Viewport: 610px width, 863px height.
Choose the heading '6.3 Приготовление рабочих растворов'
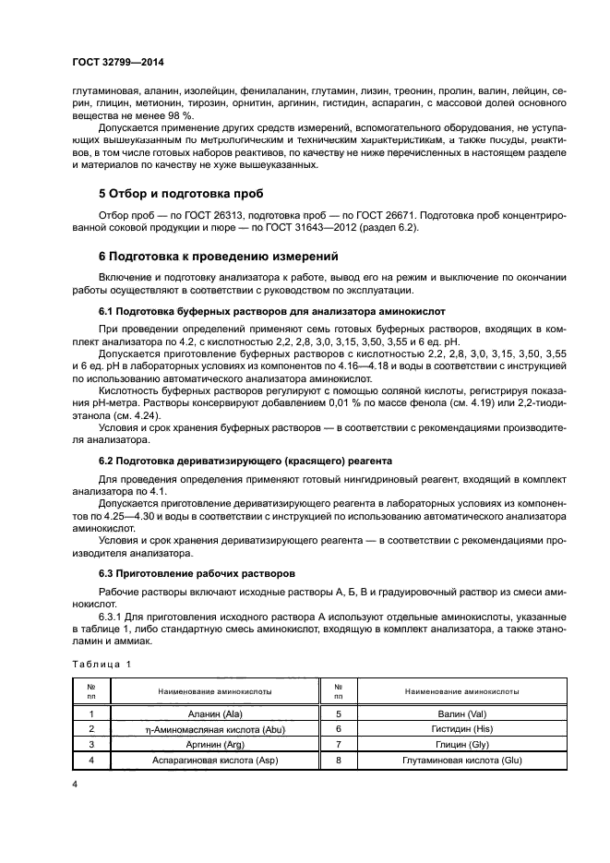pos(197,572)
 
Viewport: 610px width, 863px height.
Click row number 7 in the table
pos(338,743)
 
